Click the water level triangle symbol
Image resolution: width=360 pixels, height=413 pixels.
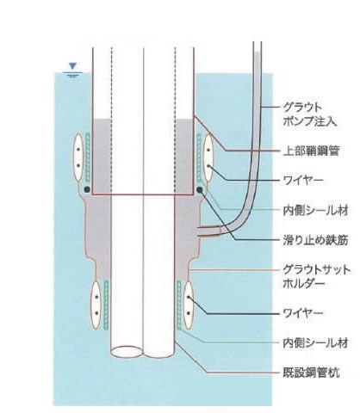73,66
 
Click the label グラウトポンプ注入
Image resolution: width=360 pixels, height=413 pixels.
309,114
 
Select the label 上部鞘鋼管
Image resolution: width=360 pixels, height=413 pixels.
311,151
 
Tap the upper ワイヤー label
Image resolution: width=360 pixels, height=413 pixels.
303,180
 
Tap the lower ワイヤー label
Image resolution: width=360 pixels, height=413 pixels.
303,312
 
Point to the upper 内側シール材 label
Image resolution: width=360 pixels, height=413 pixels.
315,211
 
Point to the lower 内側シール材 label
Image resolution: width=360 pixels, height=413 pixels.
315,343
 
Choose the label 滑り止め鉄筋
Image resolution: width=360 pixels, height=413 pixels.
315,240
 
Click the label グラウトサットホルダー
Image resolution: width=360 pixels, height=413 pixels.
317,276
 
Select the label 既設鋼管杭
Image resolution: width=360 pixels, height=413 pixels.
311,373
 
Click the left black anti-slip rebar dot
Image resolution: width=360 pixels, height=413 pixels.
87,189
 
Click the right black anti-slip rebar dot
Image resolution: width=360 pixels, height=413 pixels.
200,189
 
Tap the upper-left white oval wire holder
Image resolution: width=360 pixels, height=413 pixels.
78,157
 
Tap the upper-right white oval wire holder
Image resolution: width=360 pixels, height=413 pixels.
208,158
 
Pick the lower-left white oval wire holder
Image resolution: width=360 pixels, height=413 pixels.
96,305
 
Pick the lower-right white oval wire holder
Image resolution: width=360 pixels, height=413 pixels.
189,305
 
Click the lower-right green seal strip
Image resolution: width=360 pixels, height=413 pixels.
179,305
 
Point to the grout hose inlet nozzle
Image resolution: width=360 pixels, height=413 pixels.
208,231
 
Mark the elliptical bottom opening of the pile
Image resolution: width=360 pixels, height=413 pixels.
127,351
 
